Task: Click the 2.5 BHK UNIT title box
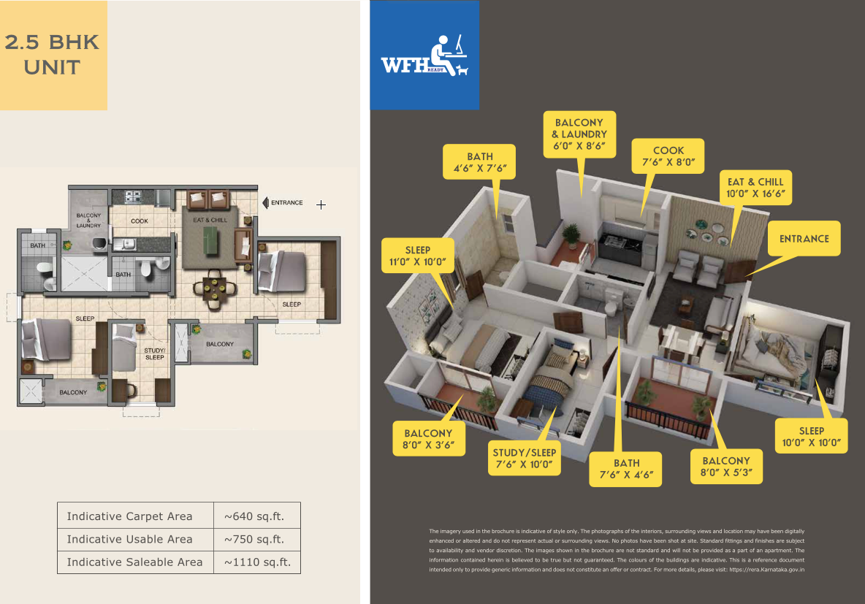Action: (53, 56)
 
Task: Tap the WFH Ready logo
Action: (424, 56)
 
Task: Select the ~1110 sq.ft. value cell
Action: (257, 562)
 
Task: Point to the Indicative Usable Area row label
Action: (129, 539)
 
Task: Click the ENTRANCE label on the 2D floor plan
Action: (287, 202)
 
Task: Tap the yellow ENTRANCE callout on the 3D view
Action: (804, 238)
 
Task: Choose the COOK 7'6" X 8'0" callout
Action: (668, 156)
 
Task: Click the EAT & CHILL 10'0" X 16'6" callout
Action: (755, 188)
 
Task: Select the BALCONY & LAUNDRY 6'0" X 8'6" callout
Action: (579, 134)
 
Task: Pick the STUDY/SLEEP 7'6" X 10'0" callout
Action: (524, 458)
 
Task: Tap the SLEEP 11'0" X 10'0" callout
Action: (418, 256)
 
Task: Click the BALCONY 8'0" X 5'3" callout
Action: (726, 467)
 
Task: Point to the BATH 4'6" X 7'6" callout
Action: (479, 162)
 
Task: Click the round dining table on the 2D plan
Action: (214, 287)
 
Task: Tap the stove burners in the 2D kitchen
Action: (133, 197)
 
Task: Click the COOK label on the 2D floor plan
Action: (140, 221)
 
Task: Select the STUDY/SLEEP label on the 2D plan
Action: (154, 353)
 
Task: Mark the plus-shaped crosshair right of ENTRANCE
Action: (321, 204)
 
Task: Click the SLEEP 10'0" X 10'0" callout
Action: (811, 436)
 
